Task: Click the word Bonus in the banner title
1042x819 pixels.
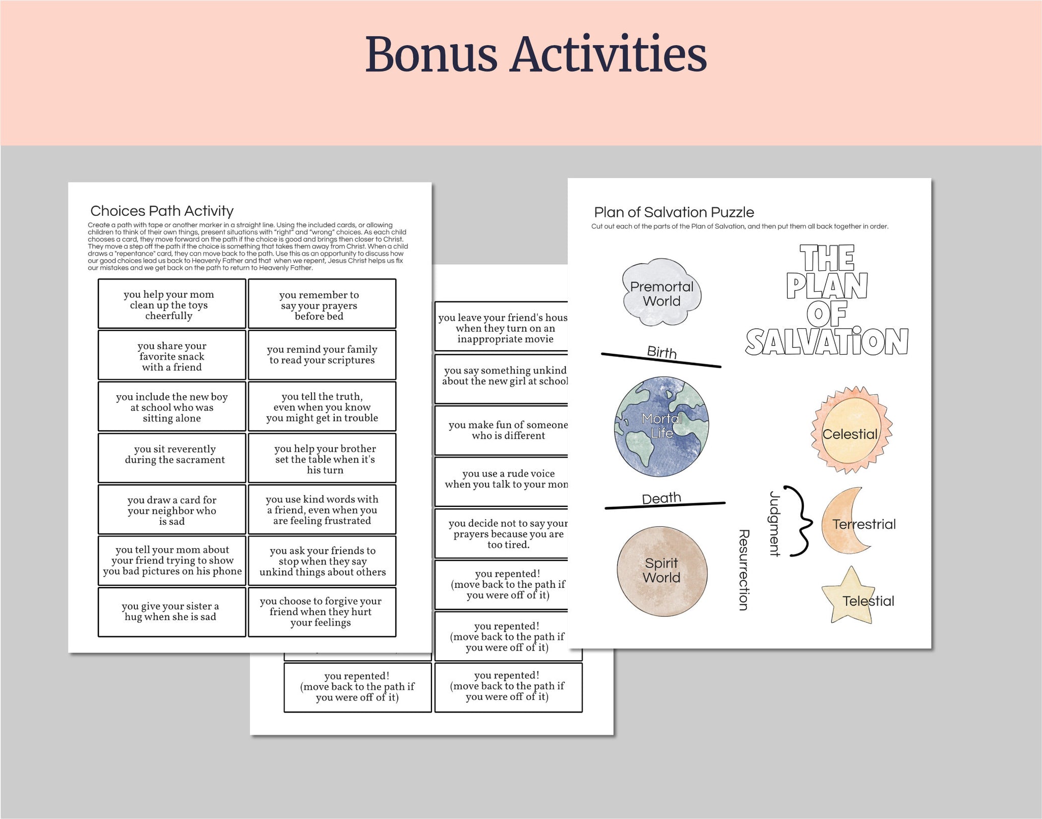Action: pos(430,54)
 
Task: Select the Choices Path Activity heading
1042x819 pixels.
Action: pos(162,211)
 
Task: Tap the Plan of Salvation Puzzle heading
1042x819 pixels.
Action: pos(674,212)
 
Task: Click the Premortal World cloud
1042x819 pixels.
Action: pos(661,293)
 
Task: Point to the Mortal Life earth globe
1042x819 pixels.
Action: pos(661,427)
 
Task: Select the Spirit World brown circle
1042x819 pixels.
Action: pos(661,570)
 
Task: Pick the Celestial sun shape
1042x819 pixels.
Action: pos(850,431)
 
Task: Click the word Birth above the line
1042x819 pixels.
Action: pos(661,352)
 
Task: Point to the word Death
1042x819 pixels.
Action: pos(661,498)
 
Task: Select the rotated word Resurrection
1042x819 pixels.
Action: pos(743,570)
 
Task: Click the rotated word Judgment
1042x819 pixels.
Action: pos(774,524)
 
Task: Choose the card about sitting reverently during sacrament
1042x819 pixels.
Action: pos(172,457)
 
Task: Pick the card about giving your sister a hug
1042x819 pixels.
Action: pos(172,611)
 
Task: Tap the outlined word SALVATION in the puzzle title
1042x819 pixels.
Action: pos(827,342)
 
